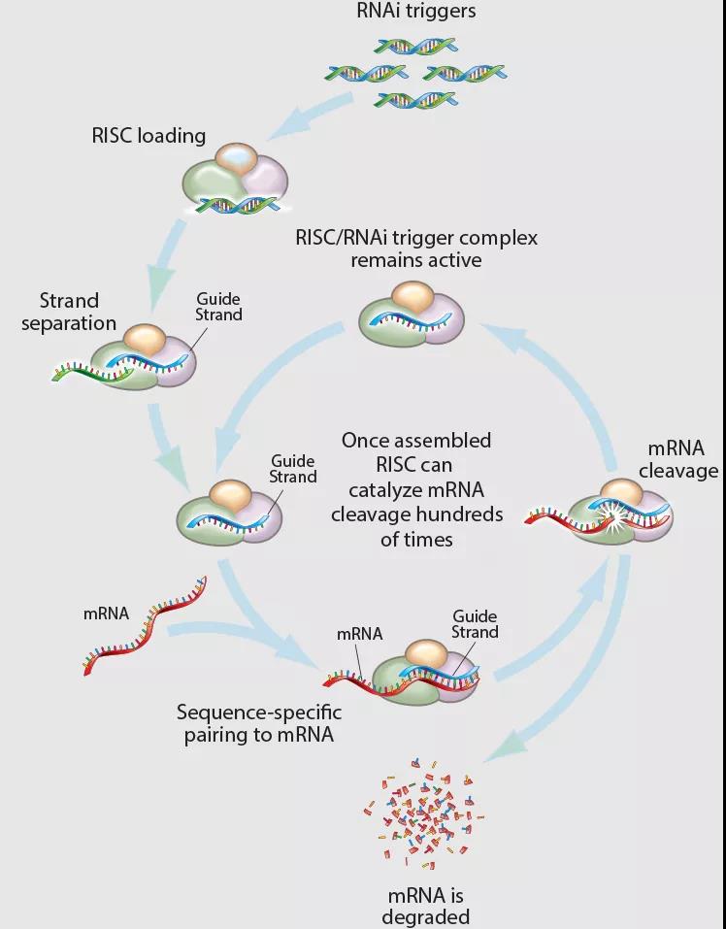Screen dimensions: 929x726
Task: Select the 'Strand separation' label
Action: [x=78, y=312]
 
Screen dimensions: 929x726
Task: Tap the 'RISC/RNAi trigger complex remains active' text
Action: [x=417, y=249]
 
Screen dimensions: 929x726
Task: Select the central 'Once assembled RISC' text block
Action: [x=416, y=489]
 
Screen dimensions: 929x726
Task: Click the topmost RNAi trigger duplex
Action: [x=415, y=46]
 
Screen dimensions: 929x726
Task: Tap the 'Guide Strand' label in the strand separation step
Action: [x=218, y=307]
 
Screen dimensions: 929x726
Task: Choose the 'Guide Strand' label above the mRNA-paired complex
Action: [x=475, y=624]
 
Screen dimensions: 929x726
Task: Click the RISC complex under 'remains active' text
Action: [x=410, y=315]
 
